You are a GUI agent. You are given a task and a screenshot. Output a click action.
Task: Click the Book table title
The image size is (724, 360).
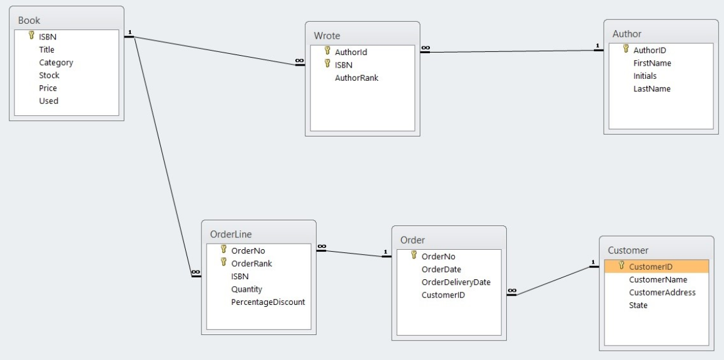click(x=29, y=21)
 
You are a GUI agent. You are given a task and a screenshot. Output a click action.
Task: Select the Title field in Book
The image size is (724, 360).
click(x=47, y=49)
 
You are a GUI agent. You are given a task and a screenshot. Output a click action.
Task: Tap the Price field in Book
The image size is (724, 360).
click(x=48, y=88)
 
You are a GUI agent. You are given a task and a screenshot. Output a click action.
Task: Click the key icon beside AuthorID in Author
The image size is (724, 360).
click(x=625, y=49)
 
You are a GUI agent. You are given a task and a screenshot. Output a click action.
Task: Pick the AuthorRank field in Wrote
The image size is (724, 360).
click(x=357, y=78)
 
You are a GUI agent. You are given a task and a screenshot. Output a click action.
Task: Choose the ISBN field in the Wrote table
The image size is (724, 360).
click(x=344, y=65)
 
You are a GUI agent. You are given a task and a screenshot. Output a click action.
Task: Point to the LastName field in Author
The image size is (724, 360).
click(x=651, y=89)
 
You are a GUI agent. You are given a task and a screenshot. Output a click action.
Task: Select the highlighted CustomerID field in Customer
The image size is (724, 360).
click(x=651, y=267)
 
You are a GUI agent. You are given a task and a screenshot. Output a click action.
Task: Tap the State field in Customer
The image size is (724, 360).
click(x=638, y=306)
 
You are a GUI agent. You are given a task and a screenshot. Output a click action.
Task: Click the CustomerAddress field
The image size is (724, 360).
click(x=662, y=292)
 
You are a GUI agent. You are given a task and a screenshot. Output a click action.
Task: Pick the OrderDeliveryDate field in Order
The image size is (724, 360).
click(x=456, y=282)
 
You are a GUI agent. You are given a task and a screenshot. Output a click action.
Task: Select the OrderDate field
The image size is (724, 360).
click(x=441, y=269)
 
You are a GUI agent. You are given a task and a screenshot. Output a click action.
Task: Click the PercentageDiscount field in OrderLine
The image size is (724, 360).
click(x=268, y=302)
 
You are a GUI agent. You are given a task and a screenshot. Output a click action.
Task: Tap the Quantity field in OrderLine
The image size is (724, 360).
click(x=247, y=289)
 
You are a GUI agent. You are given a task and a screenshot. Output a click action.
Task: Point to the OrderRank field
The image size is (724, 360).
click(x=252, y=264)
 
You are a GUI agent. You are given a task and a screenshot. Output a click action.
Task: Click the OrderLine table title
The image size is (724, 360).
click(x=231, y=235)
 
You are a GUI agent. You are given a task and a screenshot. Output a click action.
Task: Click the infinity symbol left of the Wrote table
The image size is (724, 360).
click(x=300, y=61)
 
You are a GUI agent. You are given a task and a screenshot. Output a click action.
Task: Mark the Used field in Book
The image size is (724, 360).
click(x=48, y=101)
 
